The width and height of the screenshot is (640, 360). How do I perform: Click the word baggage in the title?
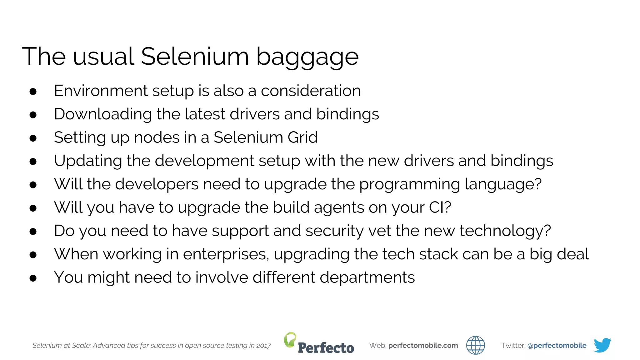click(x=307, y=57)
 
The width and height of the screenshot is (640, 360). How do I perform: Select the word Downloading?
click(x=103, y=114)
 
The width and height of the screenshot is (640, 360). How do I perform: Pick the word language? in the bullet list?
click(x=503, y=184)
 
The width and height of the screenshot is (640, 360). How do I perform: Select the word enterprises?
click(x=225, y=254)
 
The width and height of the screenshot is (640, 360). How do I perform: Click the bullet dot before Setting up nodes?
click(x=33, y=138)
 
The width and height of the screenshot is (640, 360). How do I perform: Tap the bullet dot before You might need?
click(x=33, y=278)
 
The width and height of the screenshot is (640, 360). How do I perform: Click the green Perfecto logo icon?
click(x=290, y=339)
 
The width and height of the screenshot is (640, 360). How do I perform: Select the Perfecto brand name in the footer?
click(x=326, y=348)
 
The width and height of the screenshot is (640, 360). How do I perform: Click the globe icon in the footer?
click(x=475, y=345)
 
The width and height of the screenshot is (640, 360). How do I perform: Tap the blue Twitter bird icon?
click(x=602, y=345)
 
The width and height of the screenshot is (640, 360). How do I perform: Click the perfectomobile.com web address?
click(x=423, y=346)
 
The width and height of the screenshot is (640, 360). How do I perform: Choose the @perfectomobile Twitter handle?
click(x=557, y=346)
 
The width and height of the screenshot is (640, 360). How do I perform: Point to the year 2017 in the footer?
click(x=263, y=346)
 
